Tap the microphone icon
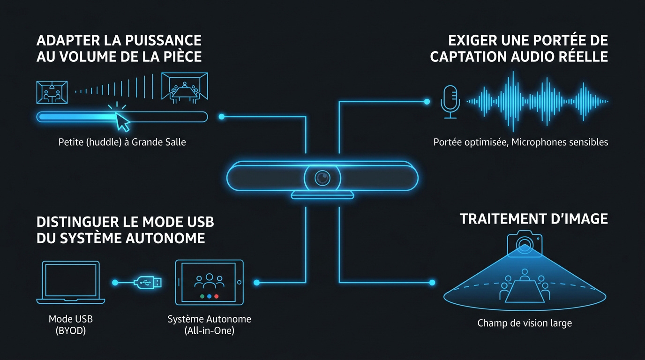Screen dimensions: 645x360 (450, 102)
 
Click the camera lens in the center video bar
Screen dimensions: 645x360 (322, 178)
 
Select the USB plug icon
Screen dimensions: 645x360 (148, 283)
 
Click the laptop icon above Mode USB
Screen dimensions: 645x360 (71, 282)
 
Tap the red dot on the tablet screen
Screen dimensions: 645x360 (217, 296)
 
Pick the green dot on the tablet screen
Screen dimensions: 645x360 (202, 296)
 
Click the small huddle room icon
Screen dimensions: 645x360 (52, 92)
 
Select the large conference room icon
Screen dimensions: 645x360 (185, 88)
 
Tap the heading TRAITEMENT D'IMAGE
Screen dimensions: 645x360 (534, 219)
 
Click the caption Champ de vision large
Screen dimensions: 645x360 (525, 323)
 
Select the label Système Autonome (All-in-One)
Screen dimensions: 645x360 (210, 324)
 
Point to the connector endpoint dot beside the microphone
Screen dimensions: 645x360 (427, 101)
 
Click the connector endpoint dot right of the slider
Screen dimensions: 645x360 (221, 117)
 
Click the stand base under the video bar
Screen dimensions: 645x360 (322, 195)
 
